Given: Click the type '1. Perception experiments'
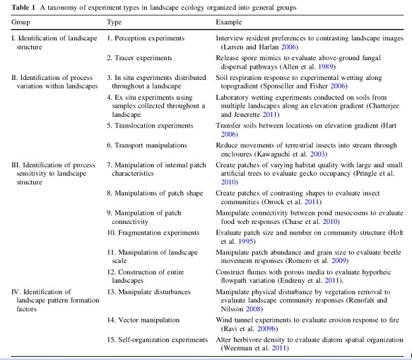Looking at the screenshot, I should pos(145,38).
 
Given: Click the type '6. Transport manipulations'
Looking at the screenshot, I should pos(147,145).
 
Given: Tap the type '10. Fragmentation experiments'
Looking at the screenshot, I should pos(153,233).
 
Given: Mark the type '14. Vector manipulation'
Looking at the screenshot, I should pos(143,320).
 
